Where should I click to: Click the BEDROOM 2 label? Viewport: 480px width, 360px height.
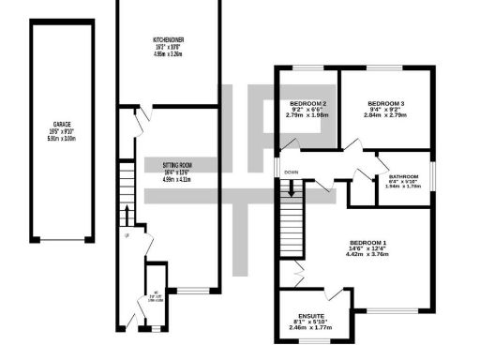click(x=307, y=102)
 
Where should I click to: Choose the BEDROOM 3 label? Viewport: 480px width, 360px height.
click(x=385, y=102)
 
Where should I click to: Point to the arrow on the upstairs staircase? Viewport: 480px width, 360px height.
click(x=292, y=187)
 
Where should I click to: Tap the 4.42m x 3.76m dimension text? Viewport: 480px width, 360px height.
click(x=367, y=253)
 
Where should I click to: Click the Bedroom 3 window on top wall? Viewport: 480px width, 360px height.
click(x=385, y=67)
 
